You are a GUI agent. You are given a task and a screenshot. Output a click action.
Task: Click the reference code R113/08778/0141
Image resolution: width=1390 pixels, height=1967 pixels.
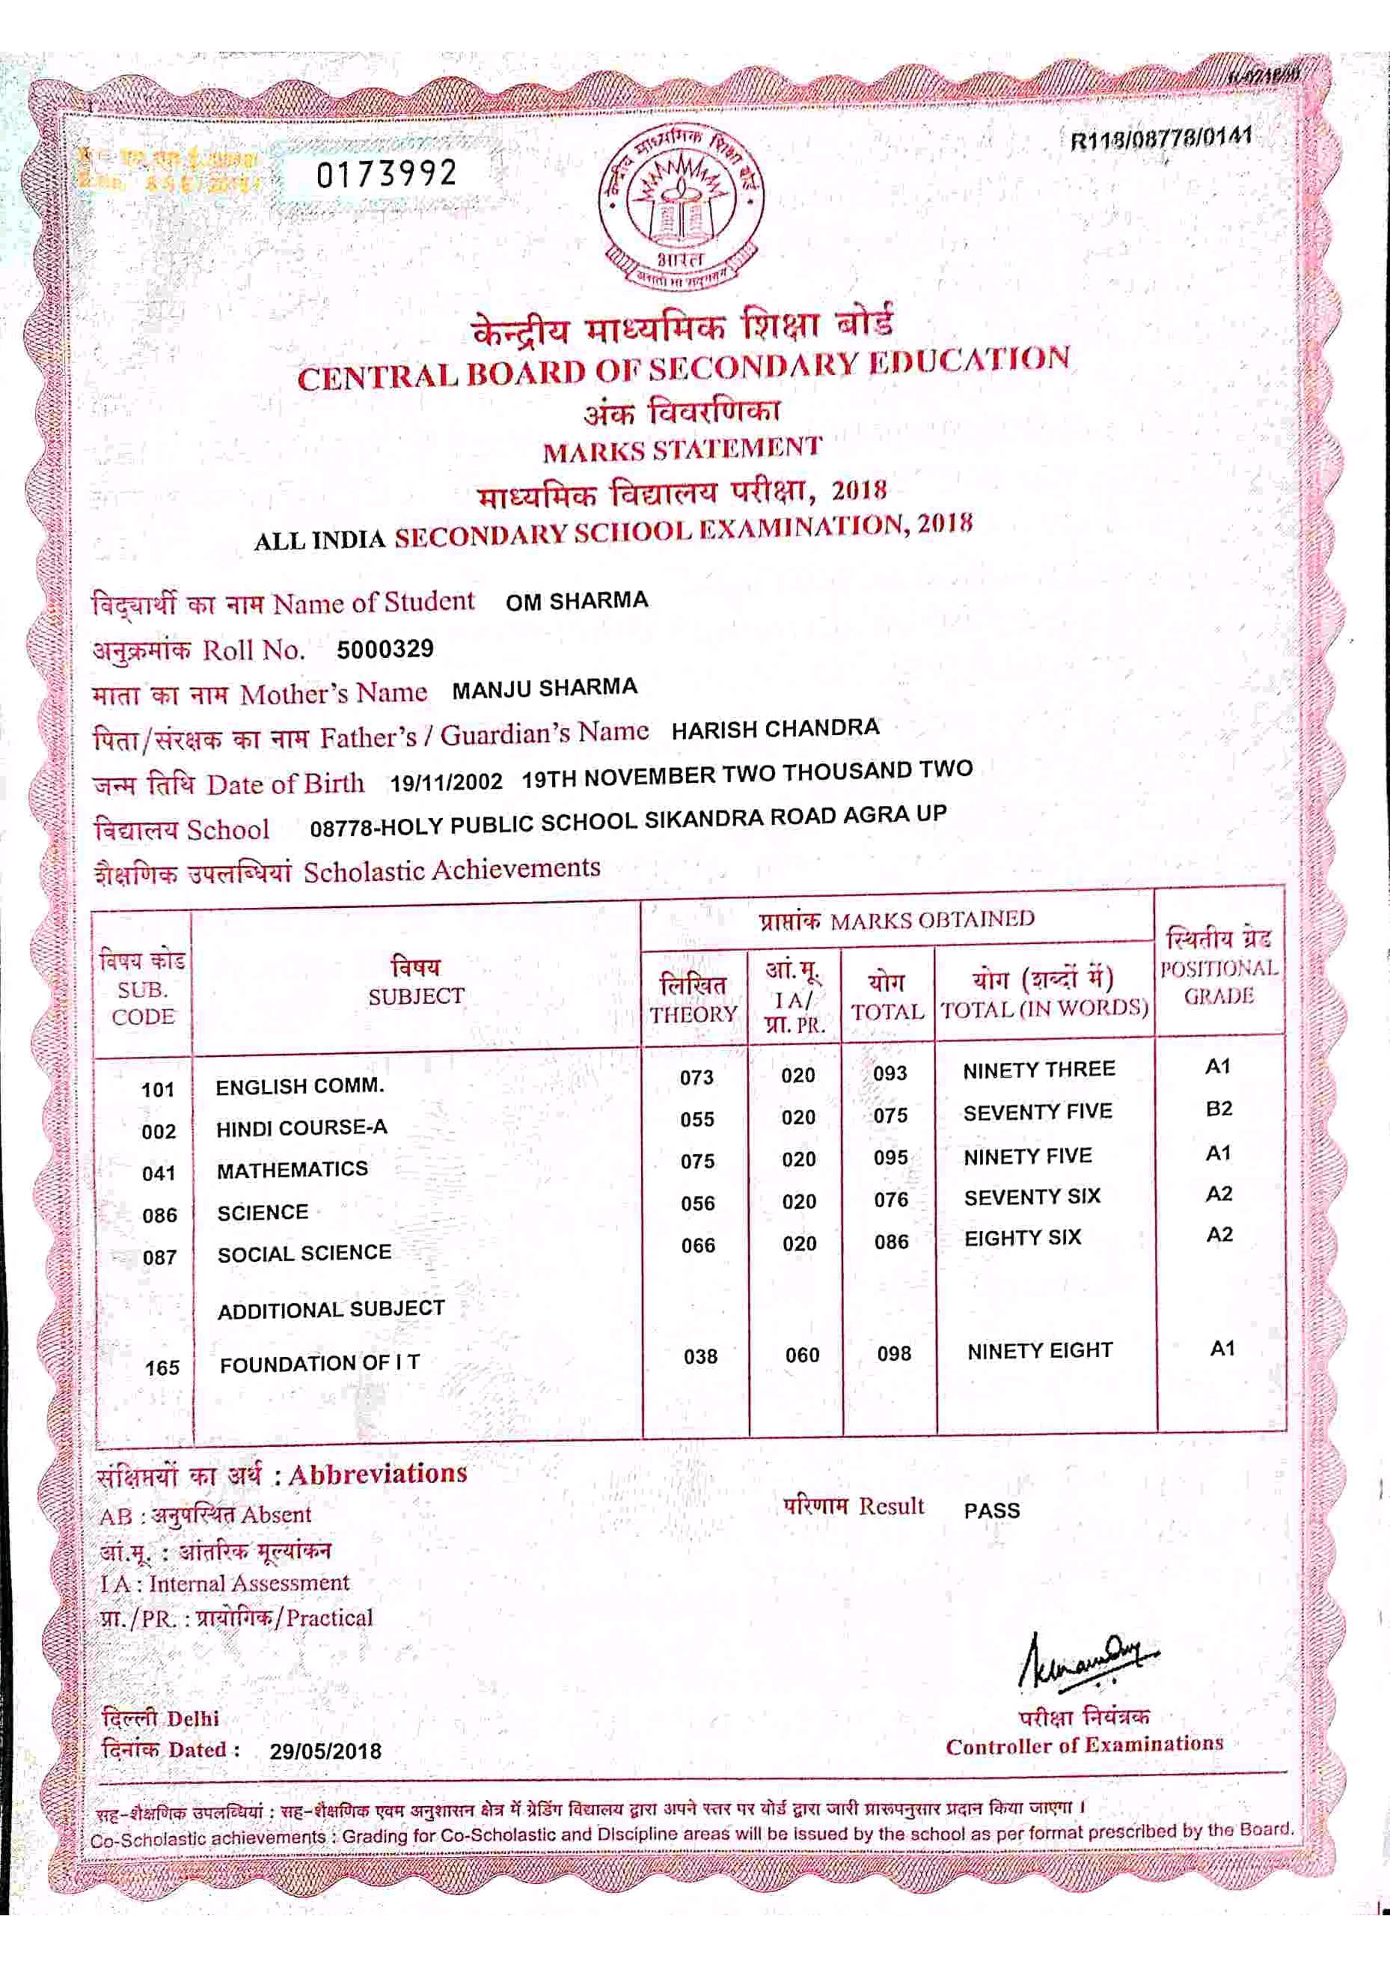(1161, 137)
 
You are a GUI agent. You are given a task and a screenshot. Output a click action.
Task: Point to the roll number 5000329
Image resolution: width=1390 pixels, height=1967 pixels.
(385, 650)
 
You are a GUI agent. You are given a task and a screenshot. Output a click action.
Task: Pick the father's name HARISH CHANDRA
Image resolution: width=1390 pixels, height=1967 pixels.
(775, 729)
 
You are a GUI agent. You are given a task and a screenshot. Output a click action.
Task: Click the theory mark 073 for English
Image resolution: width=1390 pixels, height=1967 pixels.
(696, 1078)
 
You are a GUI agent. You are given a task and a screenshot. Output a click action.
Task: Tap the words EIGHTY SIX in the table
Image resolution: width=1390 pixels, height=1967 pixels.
(1023, 1238)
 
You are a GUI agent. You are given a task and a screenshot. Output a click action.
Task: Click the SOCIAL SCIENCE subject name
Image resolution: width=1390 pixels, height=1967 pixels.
(304, 1253)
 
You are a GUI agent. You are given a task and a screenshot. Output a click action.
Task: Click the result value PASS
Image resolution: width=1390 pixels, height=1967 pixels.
(992, 1510)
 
